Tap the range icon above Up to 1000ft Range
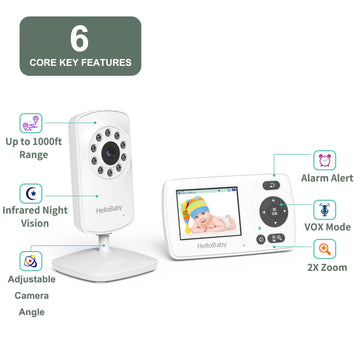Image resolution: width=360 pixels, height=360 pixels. pyautogui.click(x=30, y=124)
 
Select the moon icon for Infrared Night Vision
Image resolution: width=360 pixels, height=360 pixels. pyautogui.click(x=30, y=193)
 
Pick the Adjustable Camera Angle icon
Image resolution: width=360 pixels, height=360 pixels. pyautogui.click(x=30, y=262)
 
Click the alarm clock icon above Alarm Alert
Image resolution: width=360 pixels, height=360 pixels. pyautogui.click(x=326, y=158)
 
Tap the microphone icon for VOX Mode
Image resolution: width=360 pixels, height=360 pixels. pyautogui.click(x=326, y=210)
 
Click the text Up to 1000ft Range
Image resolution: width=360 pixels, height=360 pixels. pyautogui.click(x=31, y=150)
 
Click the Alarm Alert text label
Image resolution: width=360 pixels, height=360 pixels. pyautogui.click(x=327, y=179)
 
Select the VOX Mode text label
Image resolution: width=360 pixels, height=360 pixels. pyautogui.click(x=327, y=227)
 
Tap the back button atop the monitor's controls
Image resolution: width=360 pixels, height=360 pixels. pyautogui.click(x=270, y=185)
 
